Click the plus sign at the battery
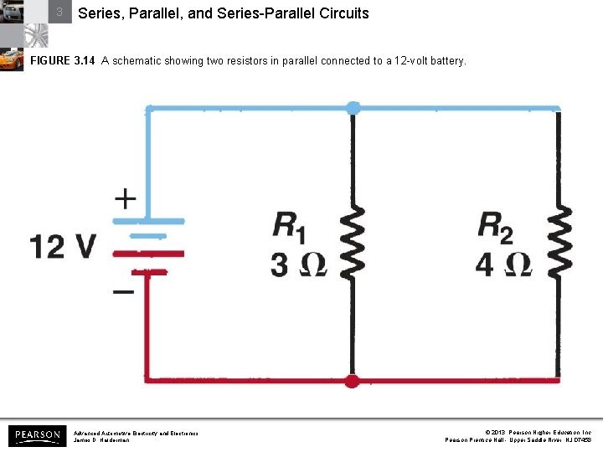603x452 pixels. [125, 198]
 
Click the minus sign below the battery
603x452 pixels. [123, 292]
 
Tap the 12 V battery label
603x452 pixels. [63, 246]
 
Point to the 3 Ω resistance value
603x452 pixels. [297, 264]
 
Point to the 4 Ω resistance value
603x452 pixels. [502, 264]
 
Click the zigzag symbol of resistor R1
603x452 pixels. [353, 243]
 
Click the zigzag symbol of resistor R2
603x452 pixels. [559, 243]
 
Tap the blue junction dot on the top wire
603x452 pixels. [353, 108]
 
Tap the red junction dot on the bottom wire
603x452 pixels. [353, 382]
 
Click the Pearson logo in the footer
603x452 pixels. [37, 435]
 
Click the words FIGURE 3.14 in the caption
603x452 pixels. [62, 61]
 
